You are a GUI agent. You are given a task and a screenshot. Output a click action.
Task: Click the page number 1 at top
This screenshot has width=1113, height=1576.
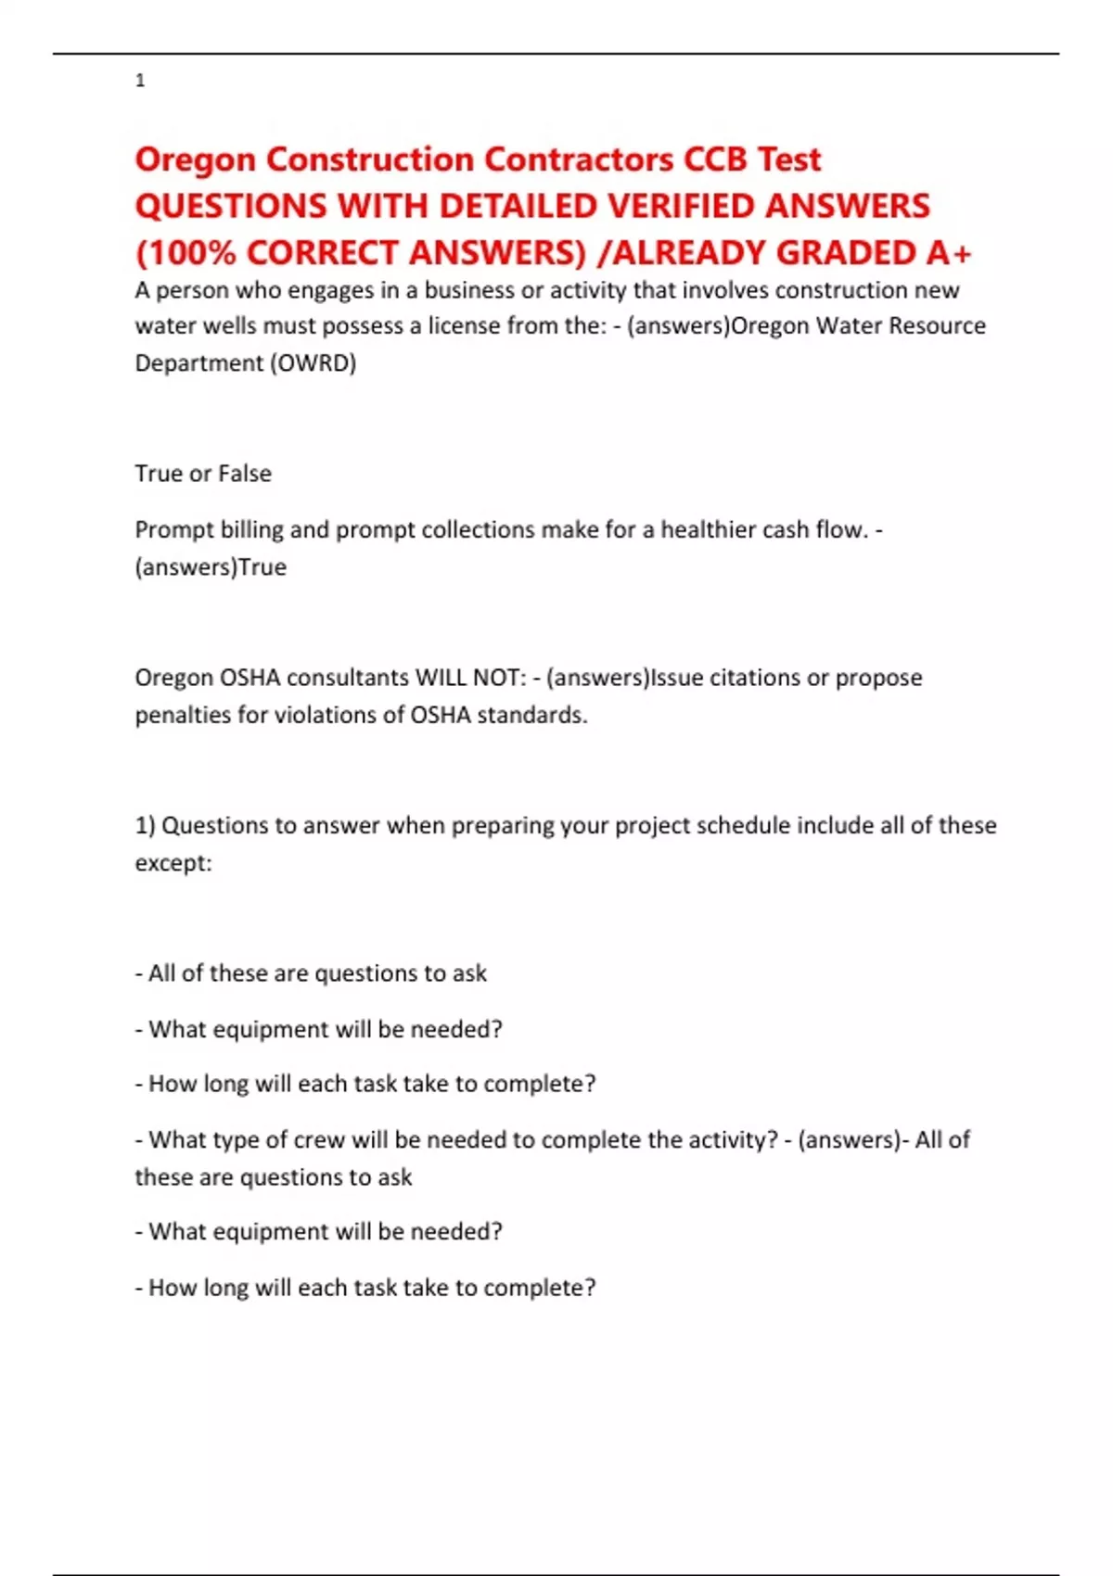[140, 81]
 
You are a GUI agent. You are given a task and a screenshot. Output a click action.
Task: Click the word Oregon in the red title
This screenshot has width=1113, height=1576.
[195, 160]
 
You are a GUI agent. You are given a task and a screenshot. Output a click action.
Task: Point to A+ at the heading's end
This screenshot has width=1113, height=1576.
[948, 252]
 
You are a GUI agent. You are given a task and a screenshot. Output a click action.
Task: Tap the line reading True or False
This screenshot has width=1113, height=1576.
[203, 474]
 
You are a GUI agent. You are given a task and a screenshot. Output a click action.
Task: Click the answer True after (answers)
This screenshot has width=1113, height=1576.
[262, 566]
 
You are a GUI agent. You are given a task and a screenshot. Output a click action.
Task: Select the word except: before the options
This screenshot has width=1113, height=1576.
[173, 863]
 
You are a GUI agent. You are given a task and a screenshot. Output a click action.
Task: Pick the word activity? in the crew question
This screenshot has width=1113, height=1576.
[731, 1139]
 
